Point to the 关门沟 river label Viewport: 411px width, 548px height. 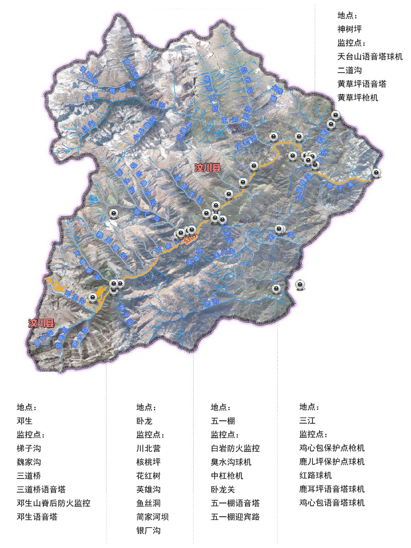pos(224,253)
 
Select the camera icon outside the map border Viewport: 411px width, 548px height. pos(300,285)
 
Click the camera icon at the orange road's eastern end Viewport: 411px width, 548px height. pos(376,173)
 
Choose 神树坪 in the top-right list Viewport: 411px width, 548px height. pos(349,29)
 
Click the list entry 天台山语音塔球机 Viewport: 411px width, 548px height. pos(370,57)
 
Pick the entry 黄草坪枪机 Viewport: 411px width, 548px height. pos(358,98)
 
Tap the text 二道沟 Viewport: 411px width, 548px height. pos(349,70)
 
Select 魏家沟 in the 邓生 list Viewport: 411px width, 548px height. pos(29,462)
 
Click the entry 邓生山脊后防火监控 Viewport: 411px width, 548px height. pos(53,503)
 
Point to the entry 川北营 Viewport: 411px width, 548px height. pos(148,448)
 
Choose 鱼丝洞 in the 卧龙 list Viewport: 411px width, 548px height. pos(148,503)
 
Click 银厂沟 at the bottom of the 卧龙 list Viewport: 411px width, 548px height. pos(148,531)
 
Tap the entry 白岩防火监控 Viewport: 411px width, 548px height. pos(235,448)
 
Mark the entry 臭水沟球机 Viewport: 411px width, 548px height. pos(231,462)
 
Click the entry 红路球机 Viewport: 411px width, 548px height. pos(316,475)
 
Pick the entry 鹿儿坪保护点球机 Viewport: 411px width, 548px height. pos(332,462)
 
